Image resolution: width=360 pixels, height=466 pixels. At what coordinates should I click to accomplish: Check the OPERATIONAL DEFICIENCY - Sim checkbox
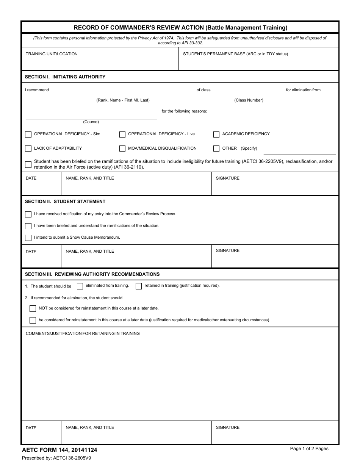pos(28,134)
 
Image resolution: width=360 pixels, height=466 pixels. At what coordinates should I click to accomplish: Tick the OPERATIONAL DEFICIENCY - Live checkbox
pos(122,134)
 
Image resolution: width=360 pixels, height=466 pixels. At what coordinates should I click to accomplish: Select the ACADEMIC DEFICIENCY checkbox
pos(216,134)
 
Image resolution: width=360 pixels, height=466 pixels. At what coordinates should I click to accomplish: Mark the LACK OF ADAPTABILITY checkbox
pos(28,149)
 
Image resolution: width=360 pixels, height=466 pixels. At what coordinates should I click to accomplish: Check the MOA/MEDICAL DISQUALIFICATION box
pos(122,149)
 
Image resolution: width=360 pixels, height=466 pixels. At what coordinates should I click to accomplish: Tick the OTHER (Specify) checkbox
pos(216,149)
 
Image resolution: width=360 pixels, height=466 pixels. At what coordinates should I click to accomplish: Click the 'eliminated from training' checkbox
pos(80,286)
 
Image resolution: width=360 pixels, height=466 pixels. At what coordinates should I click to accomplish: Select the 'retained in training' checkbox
pos(139,286)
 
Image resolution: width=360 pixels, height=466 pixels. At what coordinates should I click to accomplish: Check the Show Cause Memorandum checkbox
pos(28,238)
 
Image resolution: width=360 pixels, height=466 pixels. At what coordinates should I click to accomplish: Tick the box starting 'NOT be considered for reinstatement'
pos(33,308)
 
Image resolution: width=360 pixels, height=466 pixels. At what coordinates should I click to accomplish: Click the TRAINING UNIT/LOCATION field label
pos(52,54)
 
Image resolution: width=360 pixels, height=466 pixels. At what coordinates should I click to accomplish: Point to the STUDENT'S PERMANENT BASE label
pos(235,54)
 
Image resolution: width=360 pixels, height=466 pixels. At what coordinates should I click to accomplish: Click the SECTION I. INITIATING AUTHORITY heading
pos(65,77)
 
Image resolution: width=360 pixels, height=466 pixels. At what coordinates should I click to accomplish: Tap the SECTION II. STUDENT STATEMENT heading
pos(65,202)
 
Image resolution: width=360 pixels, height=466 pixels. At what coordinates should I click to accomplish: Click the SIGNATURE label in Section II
pos(228,251)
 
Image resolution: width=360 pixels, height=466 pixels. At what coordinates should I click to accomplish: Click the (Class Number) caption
pos(249,100)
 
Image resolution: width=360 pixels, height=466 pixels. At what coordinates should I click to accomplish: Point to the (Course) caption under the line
pos(91,122)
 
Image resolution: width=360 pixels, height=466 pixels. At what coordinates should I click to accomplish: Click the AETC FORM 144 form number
pos(59,450)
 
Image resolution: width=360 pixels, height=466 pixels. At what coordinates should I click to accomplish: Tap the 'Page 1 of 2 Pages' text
pos(309,449)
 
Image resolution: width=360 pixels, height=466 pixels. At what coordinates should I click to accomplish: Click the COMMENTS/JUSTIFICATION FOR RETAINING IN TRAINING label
pos(83,334)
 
